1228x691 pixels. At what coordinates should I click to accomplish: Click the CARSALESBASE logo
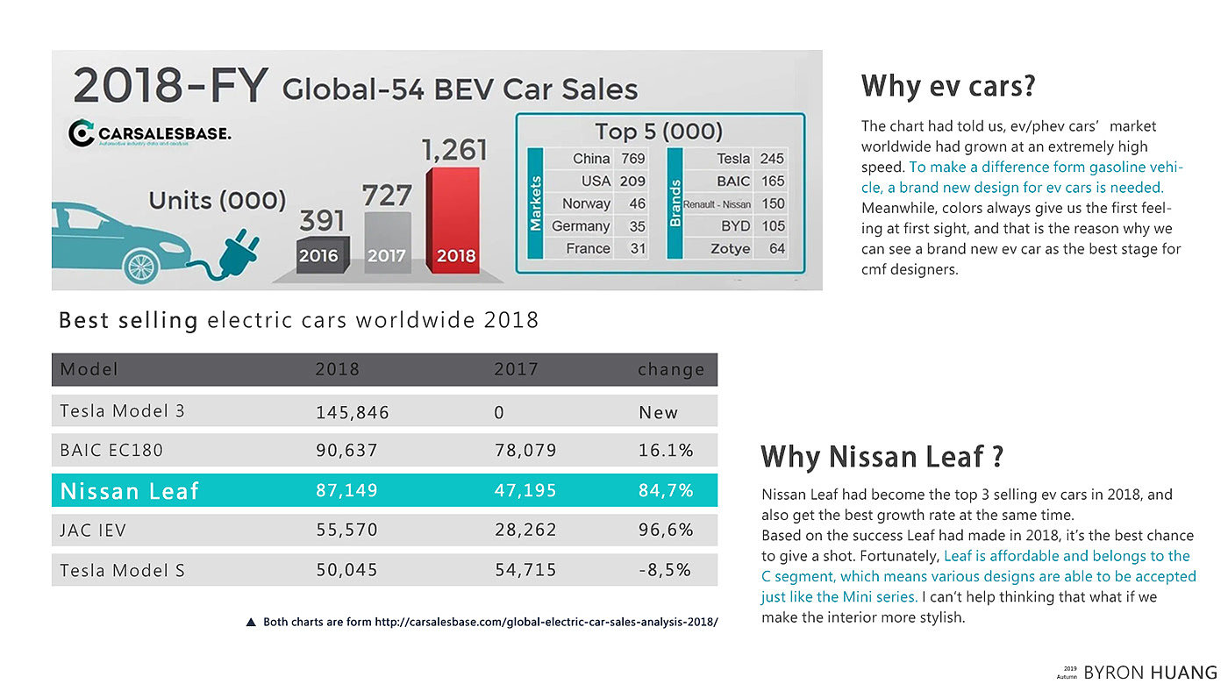click(149, 134)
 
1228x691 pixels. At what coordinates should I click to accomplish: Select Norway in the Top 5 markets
click(586, 203)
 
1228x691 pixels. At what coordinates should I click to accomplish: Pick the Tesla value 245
click(772, 159)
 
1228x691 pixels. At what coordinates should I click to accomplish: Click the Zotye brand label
click(730, 249)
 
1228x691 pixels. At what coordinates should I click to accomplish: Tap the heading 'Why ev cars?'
click(948, 86)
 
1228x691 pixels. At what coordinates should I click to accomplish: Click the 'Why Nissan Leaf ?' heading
click(882, 456)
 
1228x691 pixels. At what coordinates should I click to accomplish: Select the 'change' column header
click(671, 369)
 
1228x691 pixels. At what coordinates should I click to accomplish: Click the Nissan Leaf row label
click(130, 491)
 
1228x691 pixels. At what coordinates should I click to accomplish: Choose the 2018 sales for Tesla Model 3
click(352, 412)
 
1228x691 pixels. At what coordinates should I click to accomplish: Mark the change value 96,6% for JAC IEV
click(666, 531)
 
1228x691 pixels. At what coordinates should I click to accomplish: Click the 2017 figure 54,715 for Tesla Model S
click(525, 570)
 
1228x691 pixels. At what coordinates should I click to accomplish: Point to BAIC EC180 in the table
click(111, 451)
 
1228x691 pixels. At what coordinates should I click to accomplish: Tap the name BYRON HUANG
click(1151, 673)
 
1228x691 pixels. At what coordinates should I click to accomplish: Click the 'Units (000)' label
click(218, 201)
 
